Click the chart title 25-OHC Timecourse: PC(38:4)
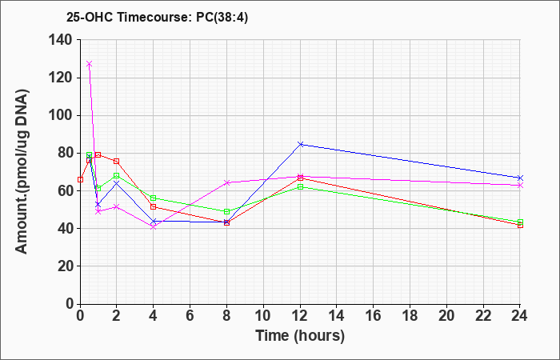157,18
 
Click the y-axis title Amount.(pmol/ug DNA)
22,171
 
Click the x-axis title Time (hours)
300,336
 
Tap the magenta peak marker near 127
90,63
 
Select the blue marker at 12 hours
300,144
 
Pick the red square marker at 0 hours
80,179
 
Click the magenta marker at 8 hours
226,182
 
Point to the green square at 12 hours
300,186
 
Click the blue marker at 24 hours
520,178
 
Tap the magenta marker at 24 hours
520,186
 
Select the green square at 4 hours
154,198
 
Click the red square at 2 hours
117,162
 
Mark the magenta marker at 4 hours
154,226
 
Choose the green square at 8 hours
226,211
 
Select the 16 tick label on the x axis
374,316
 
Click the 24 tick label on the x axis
519,316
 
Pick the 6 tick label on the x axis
190,316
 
